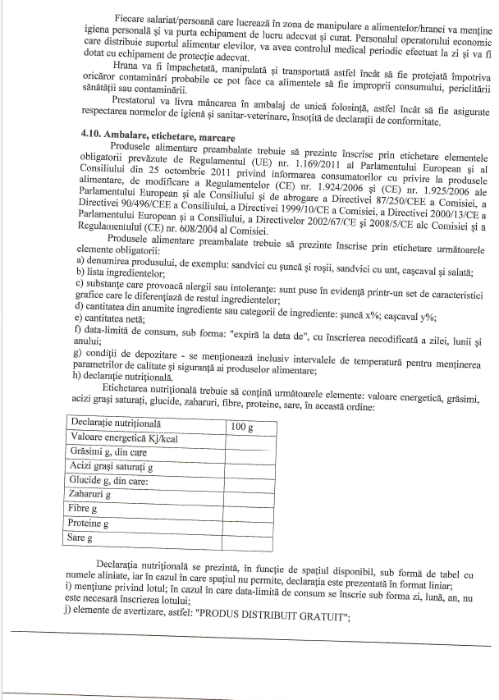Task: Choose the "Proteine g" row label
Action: [89, 524]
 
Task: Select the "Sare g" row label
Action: [81, 538]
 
